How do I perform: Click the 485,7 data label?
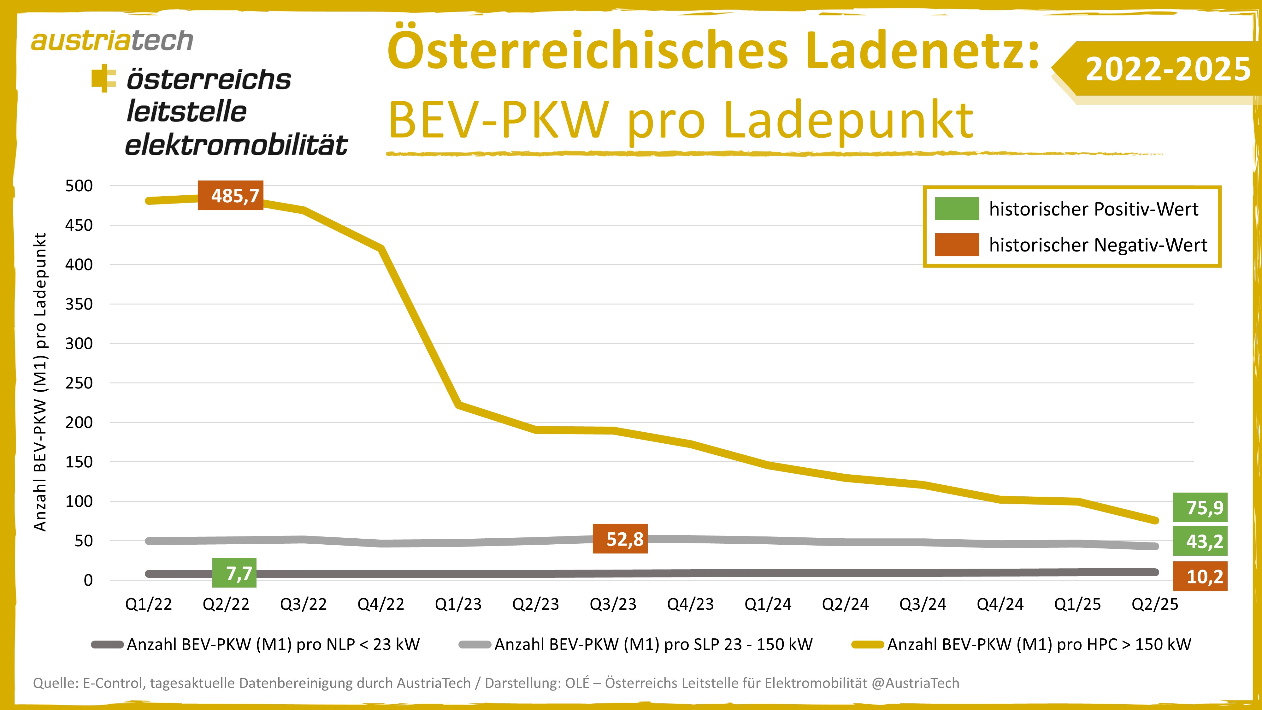tap(230, 196)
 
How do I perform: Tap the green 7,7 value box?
tap(234, 573)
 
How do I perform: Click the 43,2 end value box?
tap(1200, 541)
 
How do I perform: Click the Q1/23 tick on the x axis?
tap(458, 604)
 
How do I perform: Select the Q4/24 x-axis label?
tap(1000, 604)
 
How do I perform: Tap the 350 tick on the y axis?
tap(79, 304)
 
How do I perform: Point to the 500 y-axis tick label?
tap(79, 186)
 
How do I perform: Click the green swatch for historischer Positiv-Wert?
tap(957, 209)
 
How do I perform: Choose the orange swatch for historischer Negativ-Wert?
tap(957, 245)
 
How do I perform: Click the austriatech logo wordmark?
tap(112, 41)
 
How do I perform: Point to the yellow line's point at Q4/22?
tap(381, 248)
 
